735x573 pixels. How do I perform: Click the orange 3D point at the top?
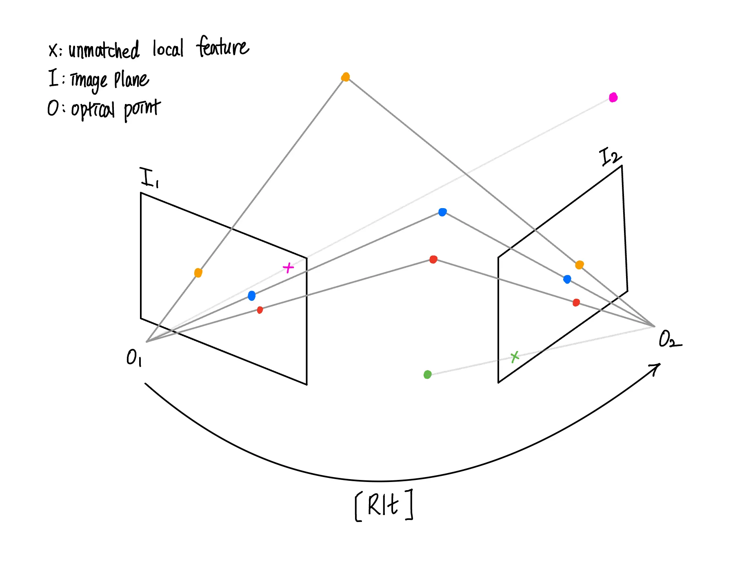[345, 77]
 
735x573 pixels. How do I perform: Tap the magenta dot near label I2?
[613, 98]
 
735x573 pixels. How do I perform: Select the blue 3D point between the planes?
[442, 212]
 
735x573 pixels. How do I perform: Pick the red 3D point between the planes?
[433, 259]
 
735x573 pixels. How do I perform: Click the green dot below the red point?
[427, 374]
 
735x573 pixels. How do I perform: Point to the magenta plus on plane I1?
[288, 268]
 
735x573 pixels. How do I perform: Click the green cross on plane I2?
[515, 357]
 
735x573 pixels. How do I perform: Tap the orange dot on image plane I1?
[198, 273]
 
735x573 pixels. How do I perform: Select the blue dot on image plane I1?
[252, 295]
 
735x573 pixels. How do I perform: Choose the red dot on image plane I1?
[260, 310]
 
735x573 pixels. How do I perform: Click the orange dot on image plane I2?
[579, 265]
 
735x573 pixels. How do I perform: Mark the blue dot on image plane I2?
[567, 279]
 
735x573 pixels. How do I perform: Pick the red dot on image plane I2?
[576, 302]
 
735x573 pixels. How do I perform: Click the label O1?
[134, 358]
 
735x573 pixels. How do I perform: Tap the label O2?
[669, 340]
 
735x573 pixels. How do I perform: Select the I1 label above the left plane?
[149, 178]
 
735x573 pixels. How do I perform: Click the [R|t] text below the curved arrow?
[384, 506]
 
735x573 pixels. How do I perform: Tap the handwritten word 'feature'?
[222, 47]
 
